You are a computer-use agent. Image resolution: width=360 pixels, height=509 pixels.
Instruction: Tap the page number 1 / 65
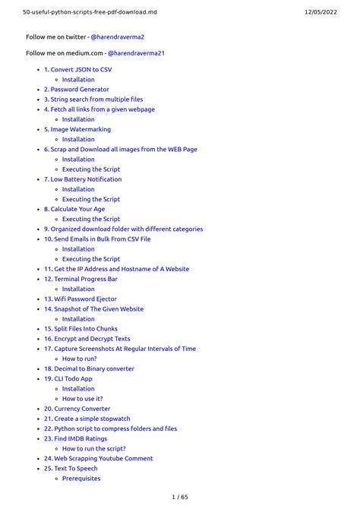(180, 497)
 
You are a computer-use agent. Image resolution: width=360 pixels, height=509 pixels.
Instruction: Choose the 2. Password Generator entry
(76, 90)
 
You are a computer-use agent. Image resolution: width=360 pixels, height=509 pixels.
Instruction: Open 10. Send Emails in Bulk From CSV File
(97, 239)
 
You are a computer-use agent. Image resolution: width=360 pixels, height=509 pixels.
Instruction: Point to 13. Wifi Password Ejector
(82, 299)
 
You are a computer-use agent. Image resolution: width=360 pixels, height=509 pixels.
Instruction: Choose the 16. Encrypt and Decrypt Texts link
(87, 339)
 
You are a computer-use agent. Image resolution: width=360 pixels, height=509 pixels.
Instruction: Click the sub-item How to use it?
(82, 399)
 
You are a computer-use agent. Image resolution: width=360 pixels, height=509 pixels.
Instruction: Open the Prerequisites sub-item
(81, 479)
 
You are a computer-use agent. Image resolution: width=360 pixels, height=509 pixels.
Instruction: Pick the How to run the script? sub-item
(94, 448)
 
